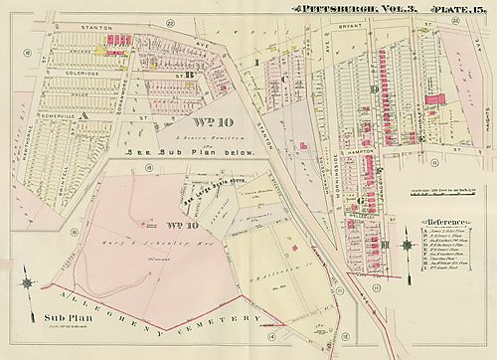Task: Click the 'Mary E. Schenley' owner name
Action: click(149, 243)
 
